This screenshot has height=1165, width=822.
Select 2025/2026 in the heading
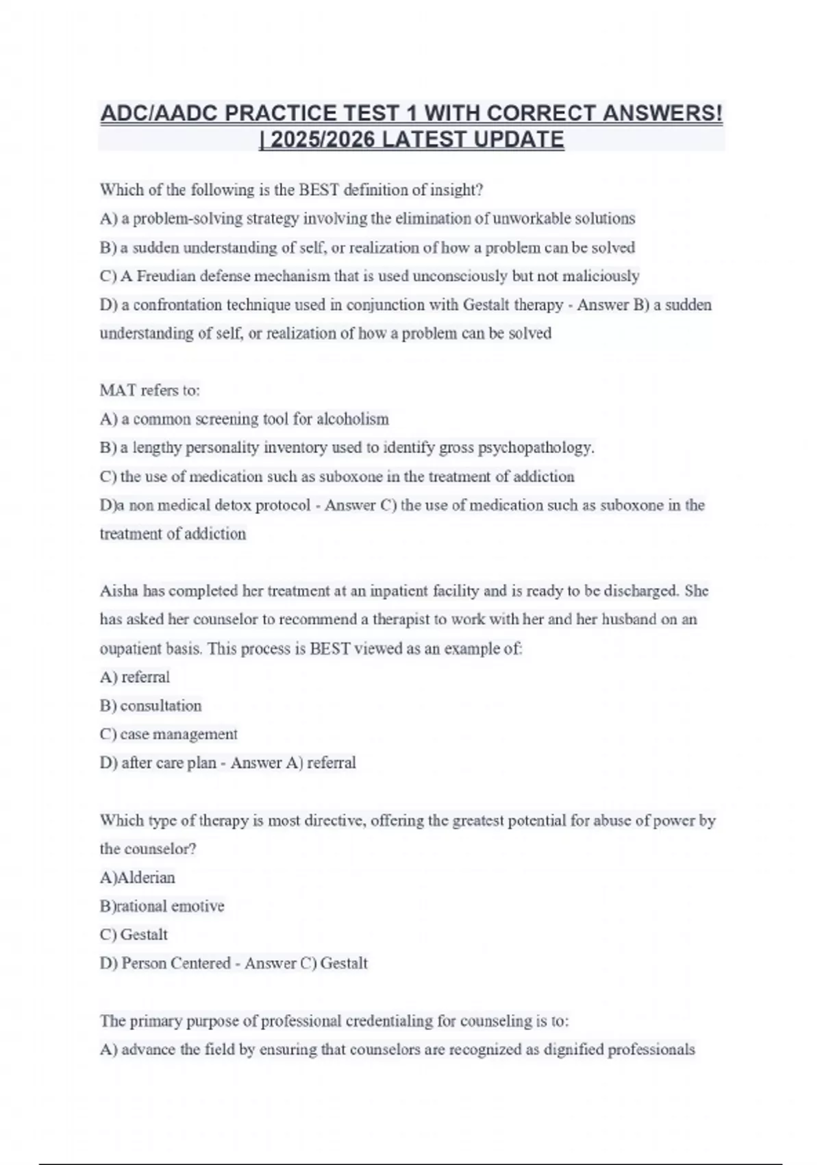321,140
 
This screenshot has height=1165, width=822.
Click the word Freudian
166,276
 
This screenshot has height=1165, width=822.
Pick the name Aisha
119,591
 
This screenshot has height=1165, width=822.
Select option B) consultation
151,706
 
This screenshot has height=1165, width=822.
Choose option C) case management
169,735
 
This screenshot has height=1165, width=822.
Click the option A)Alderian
138,878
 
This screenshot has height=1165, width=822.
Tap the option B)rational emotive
162,906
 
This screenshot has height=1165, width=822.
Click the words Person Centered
175,964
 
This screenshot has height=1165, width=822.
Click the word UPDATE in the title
519,140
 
